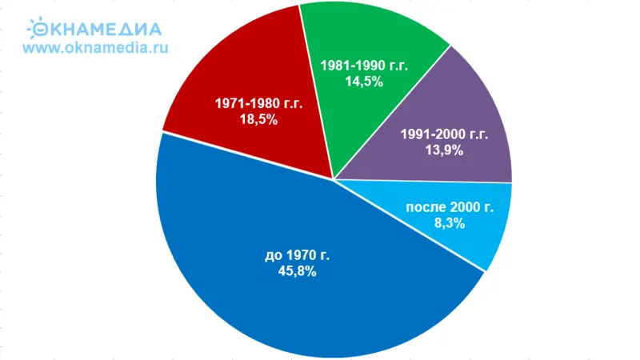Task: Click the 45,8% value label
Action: point(297,271)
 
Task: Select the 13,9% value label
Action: point(443,150)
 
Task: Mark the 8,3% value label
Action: point(450,223)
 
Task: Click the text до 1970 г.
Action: point(297,255)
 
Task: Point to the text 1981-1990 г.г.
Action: point(364,66)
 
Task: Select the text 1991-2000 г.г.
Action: point(443,134)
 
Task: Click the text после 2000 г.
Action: point(450,207)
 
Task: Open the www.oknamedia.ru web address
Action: point(96,47)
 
